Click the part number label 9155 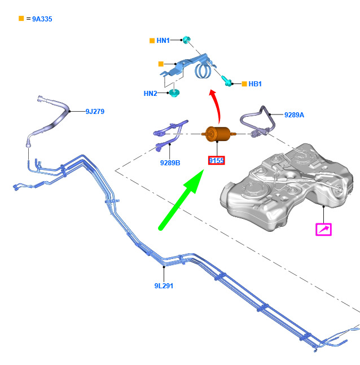[x=216, y=160]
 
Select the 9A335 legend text [x=42, y=19]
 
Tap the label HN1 [x=163, y=41]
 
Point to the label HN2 [x=151, y=94]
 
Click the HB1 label [x=255, y=84]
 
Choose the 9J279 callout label [x=95, y=112]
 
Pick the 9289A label [x=294, y=115]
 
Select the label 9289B [x=170, y=163]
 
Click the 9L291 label [x=164, y=286]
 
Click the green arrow [x=182, y=200]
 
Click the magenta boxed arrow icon [x=323, y=230]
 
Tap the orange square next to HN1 [x=152, y=41]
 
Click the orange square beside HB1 [x=244, y=84]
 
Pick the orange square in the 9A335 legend [x=21, y=19]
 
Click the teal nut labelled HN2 [x=174, y=93]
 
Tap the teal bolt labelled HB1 [x=226, y=81]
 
